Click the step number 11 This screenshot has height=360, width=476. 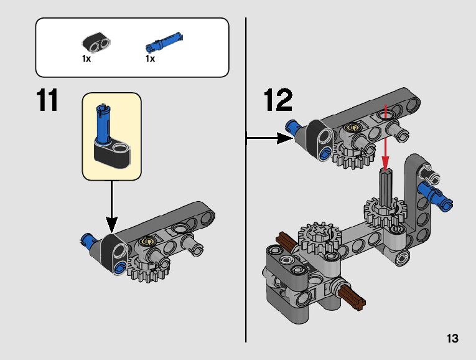coord(47,100)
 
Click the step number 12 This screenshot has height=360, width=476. coord(278,100)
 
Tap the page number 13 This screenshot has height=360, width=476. coord(452,338)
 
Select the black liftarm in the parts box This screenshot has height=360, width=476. coord(96,42)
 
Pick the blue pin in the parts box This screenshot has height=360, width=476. coord(164,42)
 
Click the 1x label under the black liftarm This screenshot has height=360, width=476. coord(86,59)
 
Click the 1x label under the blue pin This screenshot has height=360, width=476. coord(151,59)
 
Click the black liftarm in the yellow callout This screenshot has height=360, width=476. coord(112,153)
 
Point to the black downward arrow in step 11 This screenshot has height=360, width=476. coord(112,207)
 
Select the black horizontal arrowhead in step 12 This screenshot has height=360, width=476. coord(285,138)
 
